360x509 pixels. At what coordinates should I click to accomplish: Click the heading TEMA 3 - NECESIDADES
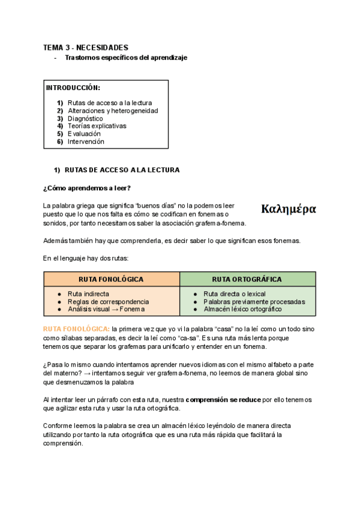click(x=86, y=47)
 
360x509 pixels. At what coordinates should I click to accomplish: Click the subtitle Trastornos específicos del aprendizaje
click(x=126, y=58)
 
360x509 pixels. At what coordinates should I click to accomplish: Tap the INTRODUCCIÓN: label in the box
click(x=73, y=88)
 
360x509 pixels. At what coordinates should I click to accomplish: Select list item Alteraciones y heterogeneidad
click(x=113, y=110)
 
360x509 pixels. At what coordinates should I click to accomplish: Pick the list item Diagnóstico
click(x=85, y=118)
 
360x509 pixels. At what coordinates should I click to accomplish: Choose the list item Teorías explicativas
click(x=97, y=126)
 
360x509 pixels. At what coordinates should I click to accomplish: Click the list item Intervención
click(x=86, y=142)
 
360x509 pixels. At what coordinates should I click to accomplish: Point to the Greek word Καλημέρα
click(x=289, y=209)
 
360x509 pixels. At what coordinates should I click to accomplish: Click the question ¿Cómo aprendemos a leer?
click(x=87, y=188)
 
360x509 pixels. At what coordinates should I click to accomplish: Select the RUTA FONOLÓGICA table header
click(x=111, y=279)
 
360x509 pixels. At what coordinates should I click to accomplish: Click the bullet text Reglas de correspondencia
click(x=108, y=301)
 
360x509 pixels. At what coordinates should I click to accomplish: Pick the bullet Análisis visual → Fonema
click(x=106, y=309)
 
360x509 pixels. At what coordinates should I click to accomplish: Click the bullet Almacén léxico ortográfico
click(x=242, y=309)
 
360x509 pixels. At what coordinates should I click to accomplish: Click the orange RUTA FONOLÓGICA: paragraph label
click(x=76, y=330)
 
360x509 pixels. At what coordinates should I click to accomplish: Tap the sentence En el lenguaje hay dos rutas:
click(x=85, y=259)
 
